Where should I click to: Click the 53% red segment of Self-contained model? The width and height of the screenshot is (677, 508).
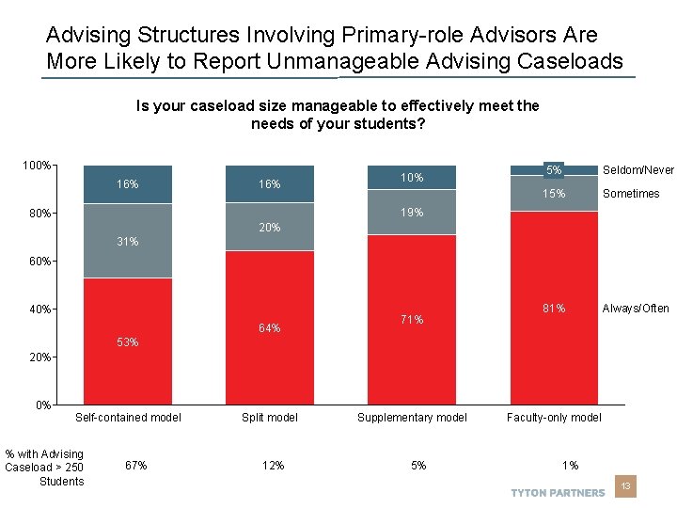pyautogui.click(x=128, y=341)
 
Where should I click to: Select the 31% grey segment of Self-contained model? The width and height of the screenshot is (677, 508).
pyautogui.click(x=128, y=241)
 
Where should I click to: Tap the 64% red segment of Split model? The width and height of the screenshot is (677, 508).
pyautogui.click(x=270, y=327)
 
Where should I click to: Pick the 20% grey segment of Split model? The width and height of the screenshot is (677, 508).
pyautogui.click(x=270, y=228)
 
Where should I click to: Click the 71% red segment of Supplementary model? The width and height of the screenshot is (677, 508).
pyautogui.click(x=412, y=320)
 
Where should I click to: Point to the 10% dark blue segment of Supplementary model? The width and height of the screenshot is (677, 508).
pyautogui.click(x=412, y=178)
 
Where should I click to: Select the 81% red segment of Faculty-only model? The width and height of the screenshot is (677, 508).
pyautogui.click(x=554, y=308)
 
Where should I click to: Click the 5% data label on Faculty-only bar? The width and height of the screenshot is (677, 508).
pyautogui.click(x=555, y=170)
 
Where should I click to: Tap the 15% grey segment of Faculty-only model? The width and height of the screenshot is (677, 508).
pyautogui.click(x=554, y=194)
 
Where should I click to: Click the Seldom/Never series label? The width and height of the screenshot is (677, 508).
pyautogui.click(x=638, y=170)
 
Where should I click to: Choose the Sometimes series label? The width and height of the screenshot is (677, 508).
pyautogui.click(x=631, y=194)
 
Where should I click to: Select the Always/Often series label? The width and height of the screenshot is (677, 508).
pyautogui.click(x=636, y=309)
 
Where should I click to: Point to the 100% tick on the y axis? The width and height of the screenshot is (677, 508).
pyautogui.click(x=37, y=166)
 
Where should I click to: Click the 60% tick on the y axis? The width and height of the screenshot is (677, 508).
pyautogui.click(x=39, y=262)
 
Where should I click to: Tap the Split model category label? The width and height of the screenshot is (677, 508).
pyautogui.click(x=270, y=418)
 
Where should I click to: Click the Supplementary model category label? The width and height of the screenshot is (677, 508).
pyautogui.click(x=412, y=418)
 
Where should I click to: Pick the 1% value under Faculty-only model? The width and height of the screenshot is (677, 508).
pyautogui.click(x=571, y=465)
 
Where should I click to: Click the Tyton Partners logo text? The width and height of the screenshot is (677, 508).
pyautogui.click(x=558, y=493)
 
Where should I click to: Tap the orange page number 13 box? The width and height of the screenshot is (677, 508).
pyautogui.click(x=624, y=486)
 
